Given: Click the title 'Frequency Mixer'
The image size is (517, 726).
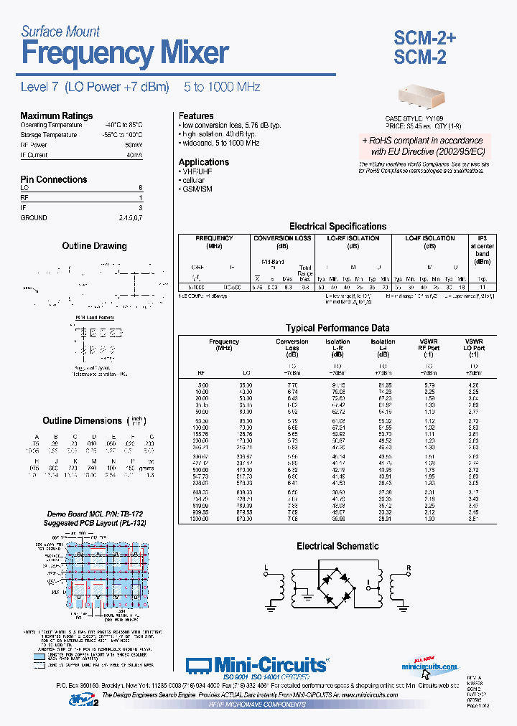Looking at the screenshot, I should [125, 54].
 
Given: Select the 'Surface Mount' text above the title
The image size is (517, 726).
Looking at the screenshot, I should [60, 32].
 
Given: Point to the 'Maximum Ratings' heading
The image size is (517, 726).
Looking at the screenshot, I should [56, 115].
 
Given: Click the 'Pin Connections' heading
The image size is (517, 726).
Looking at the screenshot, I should [53, 179].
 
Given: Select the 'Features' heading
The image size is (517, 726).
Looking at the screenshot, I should [196, 115].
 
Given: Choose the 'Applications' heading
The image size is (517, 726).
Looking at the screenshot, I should [204, 162].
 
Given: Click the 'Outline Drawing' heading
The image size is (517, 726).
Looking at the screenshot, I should [94, 246].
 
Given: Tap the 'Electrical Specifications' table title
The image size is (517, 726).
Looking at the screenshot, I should [337, 226].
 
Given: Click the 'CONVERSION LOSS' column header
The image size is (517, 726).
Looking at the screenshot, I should [282, 238].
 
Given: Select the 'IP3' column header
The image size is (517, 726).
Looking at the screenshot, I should [483, 238].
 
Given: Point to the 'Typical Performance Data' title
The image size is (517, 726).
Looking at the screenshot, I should [337, 328].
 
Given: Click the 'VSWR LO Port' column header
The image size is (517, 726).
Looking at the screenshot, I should [474, 345].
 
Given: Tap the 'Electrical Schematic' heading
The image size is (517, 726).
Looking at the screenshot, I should [337, 546].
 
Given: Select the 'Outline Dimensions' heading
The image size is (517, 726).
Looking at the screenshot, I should [82, 421].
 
